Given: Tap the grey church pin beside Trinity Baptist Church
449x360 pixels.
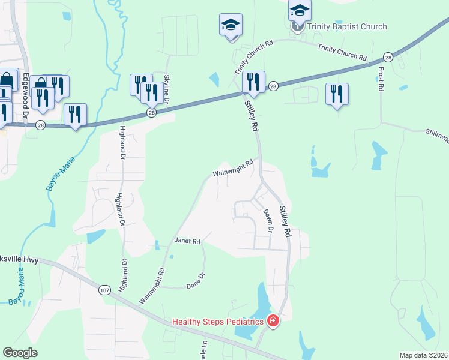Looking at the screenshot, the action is click(x=297, y=26).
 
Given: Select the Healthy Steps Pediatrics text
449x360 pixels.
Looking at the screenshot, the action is click(x=218, y=322).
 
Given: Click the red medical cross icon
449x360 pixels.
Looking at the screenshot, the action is click(x=273, y=322).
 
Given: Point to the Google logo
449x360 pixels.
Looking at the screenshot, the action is click(x=20, y=353).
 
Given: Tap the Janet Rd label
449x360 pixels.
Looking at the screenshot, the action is click(x=187, y=241).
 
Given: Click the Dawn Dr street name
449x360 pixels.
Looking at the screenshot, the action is click(x=268, y=221).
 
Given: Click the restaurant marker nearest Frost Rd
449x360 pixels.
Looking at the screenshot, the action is click(x=336, y=94).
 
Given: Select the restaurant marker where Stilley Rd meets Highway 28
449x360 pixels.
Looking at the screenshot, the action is click(x=253, y=82).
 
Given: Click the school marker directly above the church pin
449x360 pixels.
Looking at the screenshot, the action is click(x=300, y=10).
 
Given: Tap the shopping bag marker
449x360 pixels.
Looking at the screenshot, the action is click(x=7, y=81).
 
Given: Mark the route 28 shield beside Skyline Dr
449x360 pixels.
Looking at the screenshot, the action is click(x=151, y=112).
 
